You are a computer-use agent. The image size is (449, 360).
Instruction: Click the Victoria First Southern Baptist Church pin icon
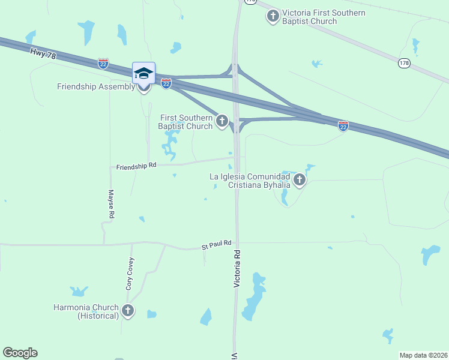pyautogui.click(x=273, y=16)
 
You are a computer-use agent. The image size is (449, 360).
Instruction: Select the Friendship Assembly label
pyautogui.click(x=96, y=86)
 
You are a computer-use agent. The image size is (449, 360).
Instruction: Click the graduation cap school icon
pyautogui.click(x=143, y=73)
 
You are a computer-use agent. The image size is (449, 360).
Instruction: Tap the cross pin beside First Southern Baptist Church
pyautogui.click(x=222, y=122)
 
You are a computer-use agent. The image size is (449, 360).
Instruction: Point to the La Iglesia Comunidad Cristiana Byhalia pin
pyautogui.click(x=299, y=179)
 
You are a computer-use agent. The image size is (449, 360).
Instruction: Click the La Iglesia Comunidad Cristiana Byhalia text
pyautogui.click(x=250, y=181)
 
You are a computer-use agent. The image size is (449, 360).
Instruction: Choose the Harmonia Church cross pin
pyautogui.click(x=127, y=310)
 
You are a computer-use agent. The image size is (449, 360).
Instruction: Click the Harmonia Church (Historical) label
pyautogui.click(x=86, y=311)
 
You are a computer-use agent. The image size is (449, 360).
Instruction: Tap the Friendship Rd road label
pyautogui.click(x=136, y=165)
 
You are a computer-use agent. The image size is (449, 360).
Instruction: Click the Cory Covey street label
pyautogui.click(x=130, y=274)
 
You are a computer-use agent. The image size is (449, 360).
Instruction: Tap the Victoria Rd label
pyautogui.click(x=237, y=268)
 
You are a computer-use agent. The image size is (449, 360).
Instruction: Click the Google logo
pyautogui.click(x=20, y=353)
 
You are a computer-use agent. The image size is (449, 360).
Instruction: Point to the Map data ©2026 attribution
pyautogui.click(x=423, y=355)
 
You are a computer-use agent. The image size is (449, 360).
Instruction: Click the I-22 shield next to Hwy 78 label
pyautogui.click(x=103, y=64)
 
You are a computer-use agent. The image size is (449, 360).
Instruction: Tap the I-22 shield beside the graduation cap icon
pyautogui.click(x=166, y=83)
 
